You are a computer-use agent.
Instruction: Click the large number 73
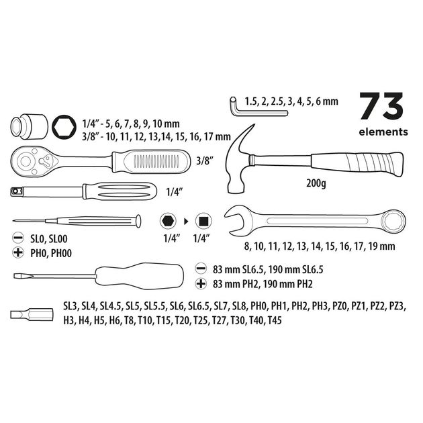click(382, 106)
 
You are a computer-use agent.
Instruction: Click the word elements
click(383, 132)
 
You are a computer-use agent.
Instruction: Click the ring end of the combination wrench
click(393, 222)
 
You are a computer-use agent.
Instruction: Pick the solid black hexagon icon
click(168, 221)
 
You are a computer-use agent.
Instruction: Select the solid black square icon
click(203, 221)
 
